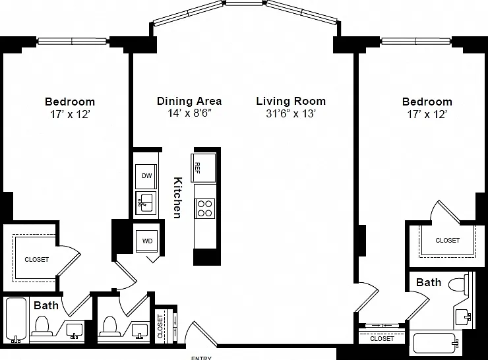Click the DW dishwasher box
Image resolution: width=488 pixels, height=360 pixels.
coord(146,176)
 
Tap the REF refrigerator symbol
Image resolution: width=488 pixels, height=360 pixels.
coord(203,167)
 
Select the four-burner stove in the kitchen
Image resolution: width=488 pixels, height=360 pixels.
coord(205,208)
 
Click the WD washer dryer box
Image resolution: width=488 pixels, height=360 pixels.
coord(147,241)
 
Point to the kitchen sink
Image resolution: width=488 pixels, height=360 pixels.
coord(146,202)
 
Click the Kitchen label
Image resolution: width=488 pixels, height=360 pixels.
coord(177,198)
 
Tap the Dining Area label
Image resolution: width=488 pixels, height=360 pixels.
coord(189,101)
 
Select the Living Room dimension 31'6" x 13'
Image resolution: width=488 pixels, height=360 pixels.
coord(291,113)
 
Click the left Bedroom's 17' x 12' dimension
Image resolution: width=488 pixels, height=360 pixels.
coord(70,115)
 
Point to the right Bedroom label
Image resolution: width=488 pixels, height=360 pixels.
coord(427,102)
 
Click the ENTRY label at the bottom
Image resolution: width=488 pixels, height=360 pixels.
coord(201,358)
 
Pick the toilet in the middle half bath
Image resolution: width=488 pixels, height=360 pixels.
coord(109,326)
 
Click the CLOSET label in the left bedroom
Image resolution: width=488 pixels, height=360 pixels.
coord(37,260)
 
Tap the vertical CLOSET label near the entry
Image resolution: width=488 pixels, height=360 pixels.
coord(160,326)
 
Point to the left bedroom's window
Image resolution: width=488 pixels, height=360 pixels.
coord(72,41)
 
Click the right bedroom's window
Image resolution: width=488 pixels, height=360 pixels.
coord(416,41)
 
